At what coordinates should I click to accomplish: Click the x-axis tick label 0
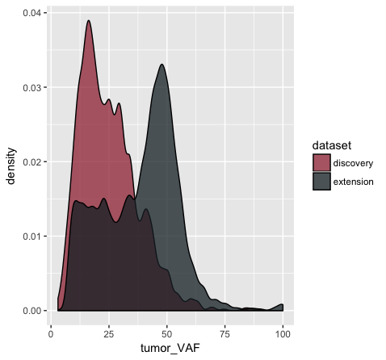[x=51, y=334]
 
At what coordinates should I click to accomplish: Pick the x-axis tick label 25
[x=109, y=334]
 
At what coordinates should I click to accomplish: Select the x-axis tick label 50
[x=167, y=334]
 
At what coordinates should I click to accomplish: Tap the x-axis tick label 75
[x=224, y=334]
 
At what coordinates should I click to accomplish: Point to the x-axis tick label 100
[x=283, y=334]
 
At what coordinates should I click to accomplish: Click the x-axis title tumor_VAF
[x=170, y=348]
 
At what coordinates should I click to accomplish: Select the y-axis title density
[x=10, y=166]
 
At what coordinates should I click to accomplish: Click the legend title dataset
[x=332, y=145]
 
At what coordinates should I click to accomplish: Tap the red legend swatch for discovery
[x=321, y=162]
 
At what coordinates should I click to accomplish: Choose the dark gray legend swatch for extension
[x=321, y=182]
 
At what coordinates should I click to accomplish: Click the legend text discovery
[x=353, y=163]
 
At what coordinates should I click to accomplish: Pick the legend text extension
[x=354, y=182]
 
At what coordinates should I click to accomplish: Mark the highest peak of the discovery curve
[x=89, y=20]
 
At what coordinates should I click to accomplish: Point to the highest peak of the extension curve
[x=162, y=65]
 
